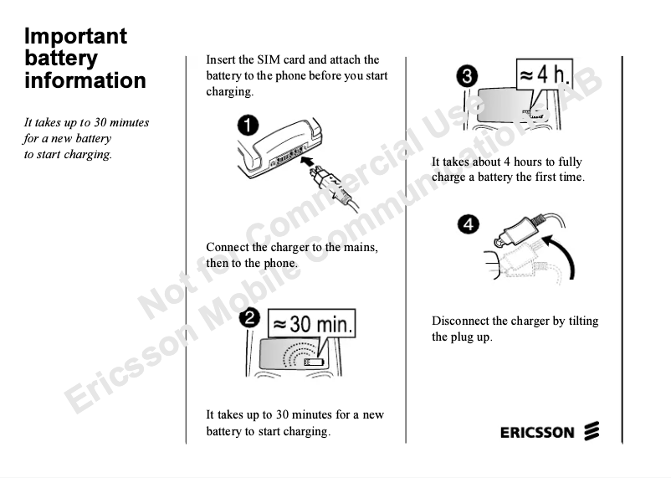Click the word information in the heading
coord(85,80)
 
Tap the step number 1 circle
coord(248,125)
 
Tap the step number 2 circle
coord(249,319)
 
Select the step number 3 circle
coord(467,77)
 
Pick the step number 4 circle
coord(469,224)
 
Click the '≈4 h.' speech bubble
coord(544,77)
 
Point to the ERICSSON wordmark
coord(537,432)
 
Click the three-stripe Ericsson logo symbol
coord(592,431)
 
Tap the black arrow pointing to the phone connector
coord(308,162)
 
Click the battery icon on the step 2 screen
coord(314,362)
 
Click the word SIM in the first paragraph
coord(268,59)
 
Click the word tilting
coord(583,321)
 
